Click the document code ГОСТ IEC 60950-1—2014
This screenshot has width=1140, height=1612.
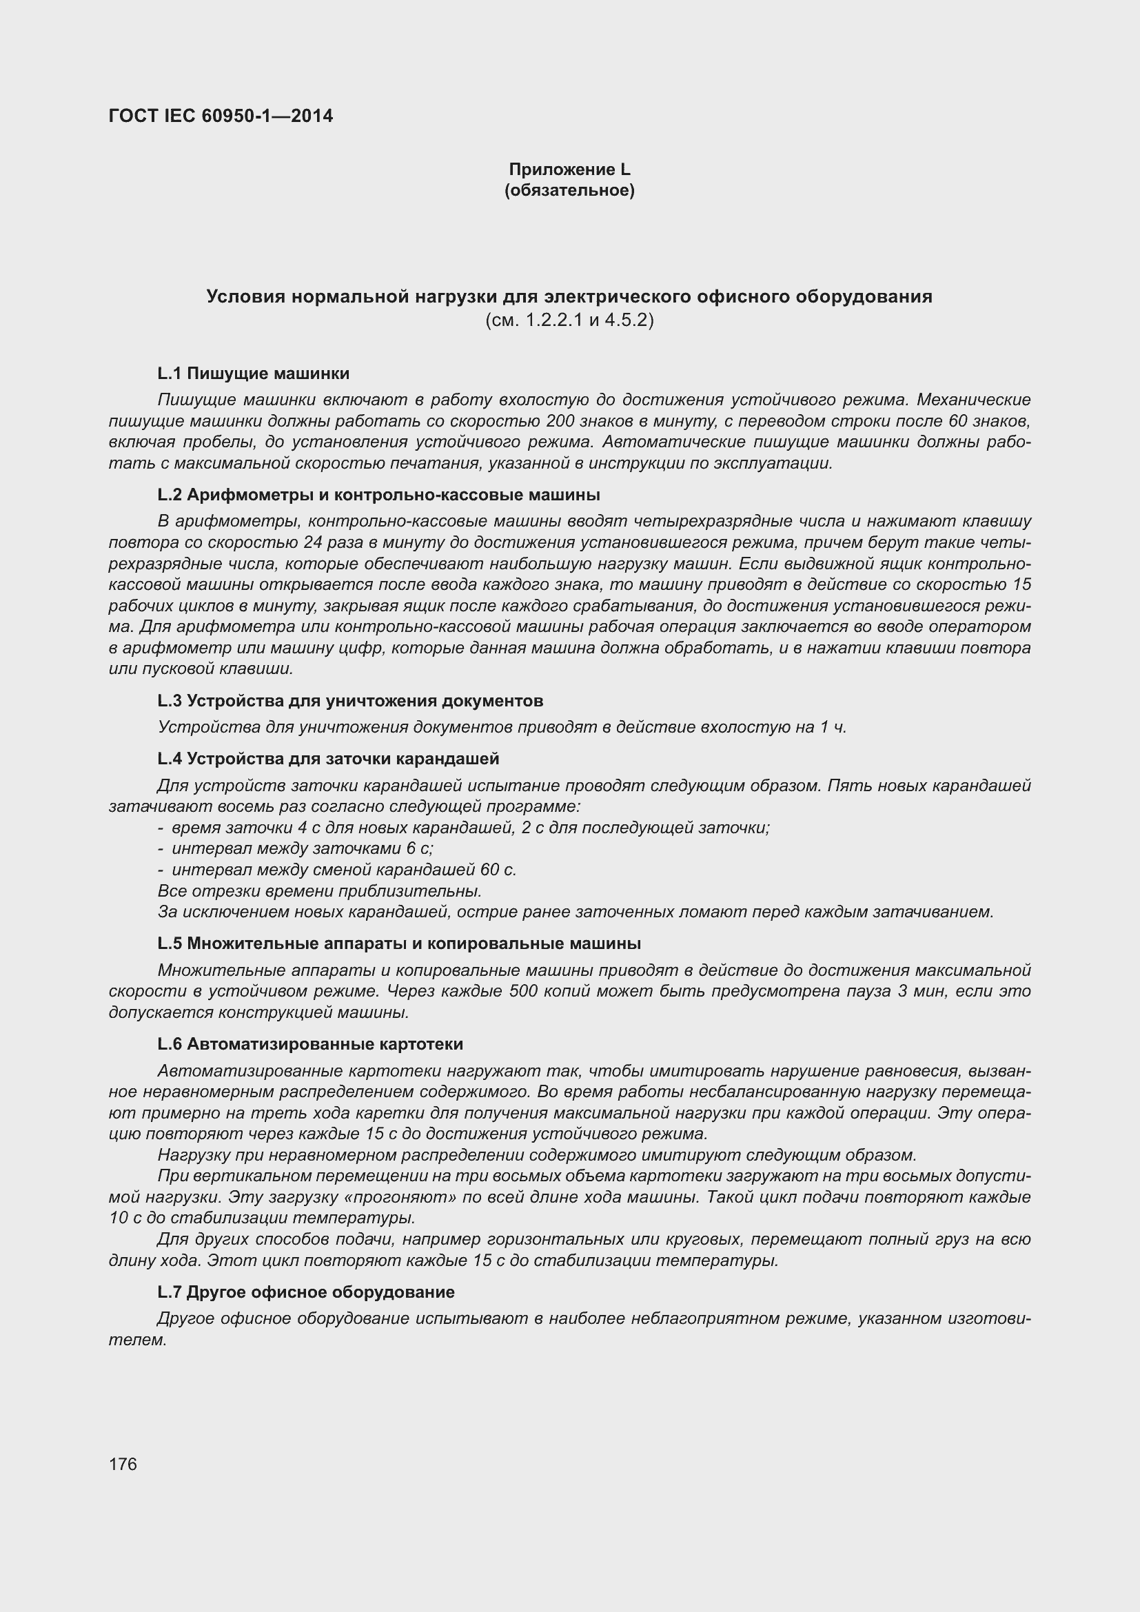click(x=221, y=116)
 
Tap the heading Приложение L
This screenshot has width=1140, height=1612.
click(x=569, y=170)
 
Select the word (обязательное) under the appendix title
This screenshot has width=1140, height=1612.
click(x=569, y=190)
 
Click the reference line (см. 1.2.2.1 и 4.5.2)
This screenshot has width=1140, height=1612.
click(x=569, y=320)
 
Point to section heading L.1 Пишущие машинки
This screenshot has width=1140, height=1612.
click(x=254, y=373)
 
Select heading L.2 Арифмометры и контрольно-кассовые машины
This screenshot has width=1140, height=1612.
click(x=378, y=495)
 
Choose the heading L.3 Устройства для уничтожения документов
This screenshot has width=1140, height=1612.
click(x=350, y=701)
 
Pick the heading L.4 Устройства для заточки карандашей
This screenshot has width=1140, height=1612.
click(x=328, y=758)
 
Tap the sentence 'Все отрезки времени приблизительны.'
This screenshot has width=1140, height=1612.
click(x=320, y=891)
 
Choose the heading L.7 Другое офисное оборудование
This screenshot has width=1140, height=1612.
click(x=306, y=1292)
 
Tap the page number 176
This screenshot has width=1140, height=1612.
click(x=123, y=1464)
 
